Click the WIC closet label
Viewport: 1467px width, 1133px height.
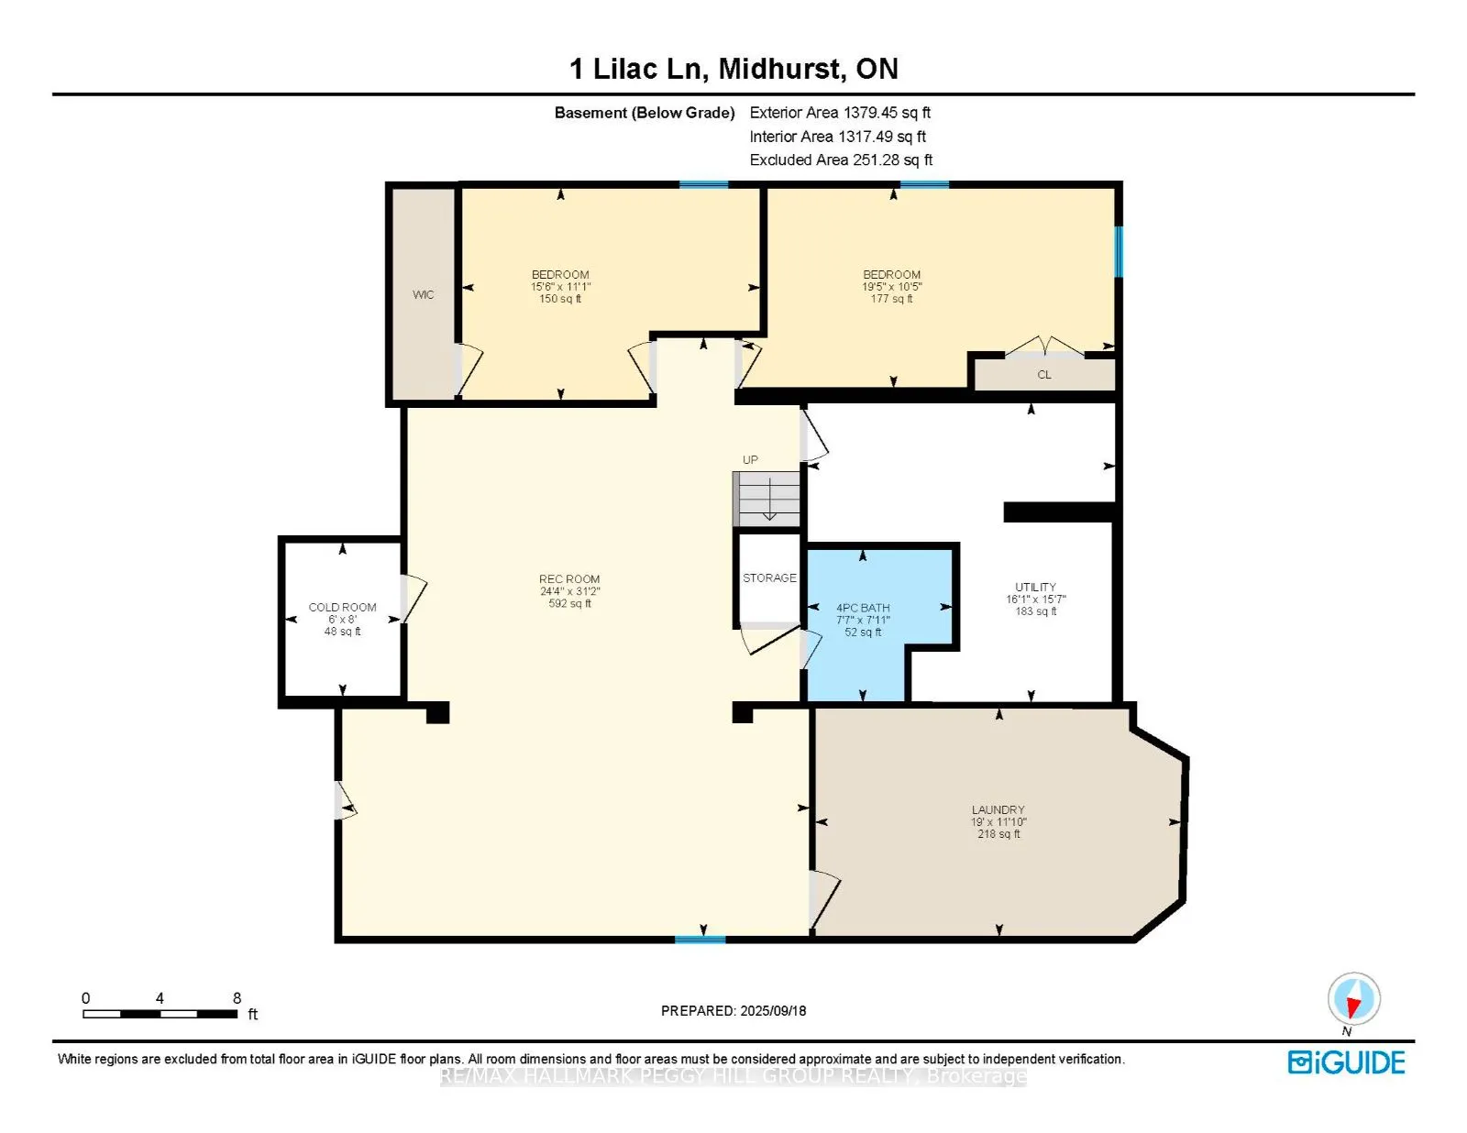click(x=424, y=295)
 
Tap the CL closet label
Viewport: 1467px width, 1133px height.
click(x=1043, y=375)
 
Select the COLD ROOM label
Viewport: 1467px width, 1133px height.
click(x=342, y=608)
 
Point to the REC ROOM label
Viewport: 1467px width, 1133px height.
click(x=569, y=579)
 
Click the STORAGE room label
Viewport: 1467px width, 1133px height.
click(x=769, y=577)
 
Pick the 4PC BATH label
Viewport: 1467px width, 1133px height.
click(x=863, y=608)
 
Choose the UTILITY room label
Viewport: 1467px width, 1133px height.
click(x=1035, y=587)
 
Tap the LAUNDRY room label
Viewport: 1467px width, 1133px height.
click(x=998, y=809)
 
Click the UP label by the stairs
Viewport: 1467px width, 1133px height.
click(x=750, y=459)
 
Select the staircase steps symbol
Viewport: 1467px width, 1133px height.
click(x=767, y=500)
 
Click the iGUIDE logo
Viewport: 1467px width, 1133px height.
click(x=1346, y=1062)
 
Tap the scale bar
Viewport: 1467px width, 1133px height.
click(x=160, y=1014)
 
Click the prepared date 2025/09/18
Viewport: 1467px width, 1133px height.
click(x=773, y=1011)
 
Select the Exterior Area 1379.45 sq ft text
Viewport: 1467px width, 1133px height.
click(x=840, y=113)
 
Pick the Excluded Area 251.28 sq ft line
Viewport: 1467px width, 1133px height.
click(x=841, y=159)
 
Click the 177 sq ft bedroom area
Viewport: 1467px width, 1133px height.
click(x=891, y=299)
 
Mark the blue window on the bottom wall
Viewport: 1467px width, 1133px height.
click(x=700, y=940)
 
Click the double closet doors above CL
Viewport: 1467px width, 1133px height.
click(x=1044, y=346)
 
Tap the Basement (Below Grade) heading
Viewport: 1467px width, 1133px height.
click(x=644, y=113)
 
